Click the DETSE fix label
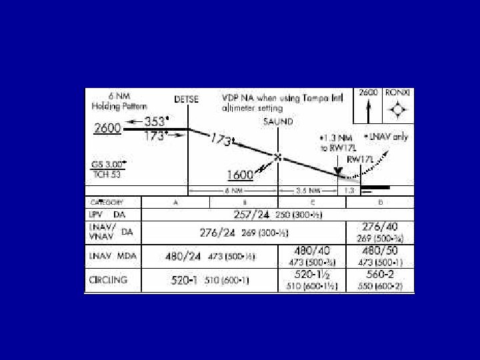click(x=187, y=99)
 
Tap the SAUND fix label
click(x=278, y=122)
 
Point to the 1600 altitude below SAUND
click(x=240, y=175)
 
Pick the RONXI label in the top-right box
click(x=399, y=93)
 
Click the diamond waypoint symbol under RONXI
click(x=398, y=110)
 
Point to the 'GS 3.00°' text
click(x=109, y=163)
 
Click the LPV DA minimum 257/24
click(x=252, y=215)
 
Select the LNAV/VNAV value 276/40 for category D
click(x=380, y=227)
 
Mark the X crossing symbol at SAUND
click(x=278, y=158)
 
